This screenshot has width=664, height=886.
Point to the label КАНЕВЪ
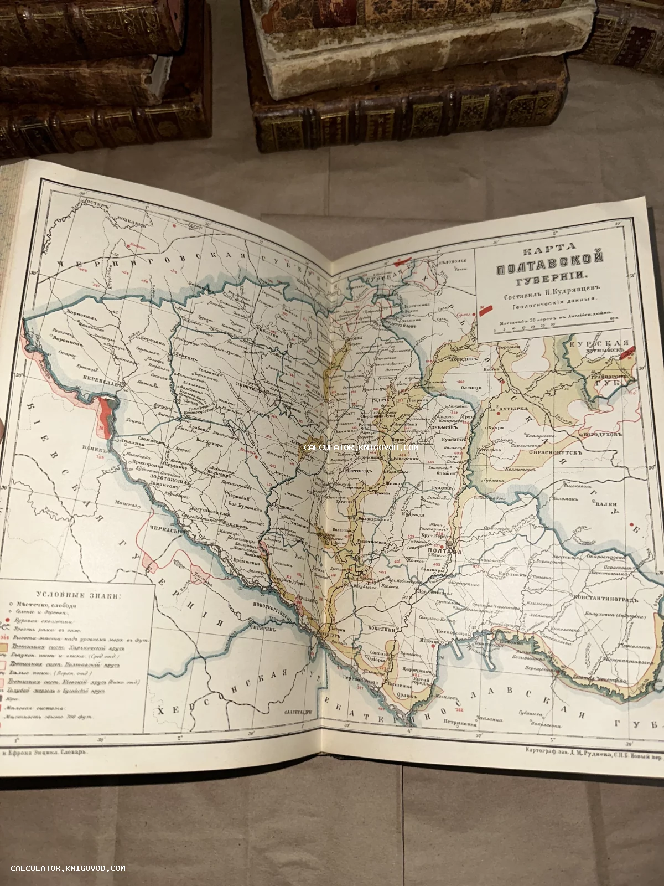pyautogui.click(x=90, y=448)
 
